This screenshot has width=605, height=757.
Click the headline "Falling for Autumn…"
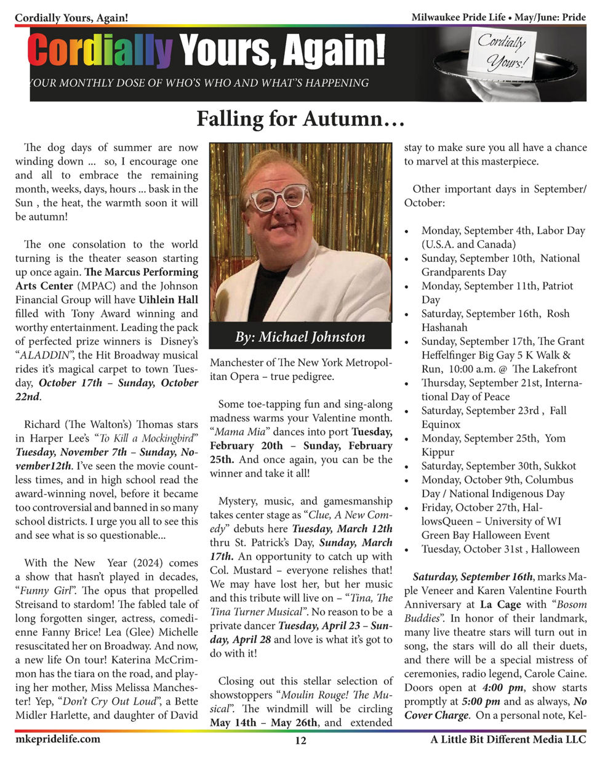pos(300,118)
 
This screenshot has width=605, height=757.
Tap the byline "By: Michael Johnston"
pos(300,337)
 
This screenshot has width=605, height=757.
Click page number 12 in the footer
pos(300,741)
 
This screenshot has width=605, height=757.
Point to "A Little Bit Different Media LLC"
pos(508,740)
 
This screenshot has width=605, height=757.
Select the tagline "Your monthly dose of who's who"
pos(200,83)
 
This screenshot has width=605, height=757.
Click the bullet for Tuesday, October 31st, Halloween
pos(500,549)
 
